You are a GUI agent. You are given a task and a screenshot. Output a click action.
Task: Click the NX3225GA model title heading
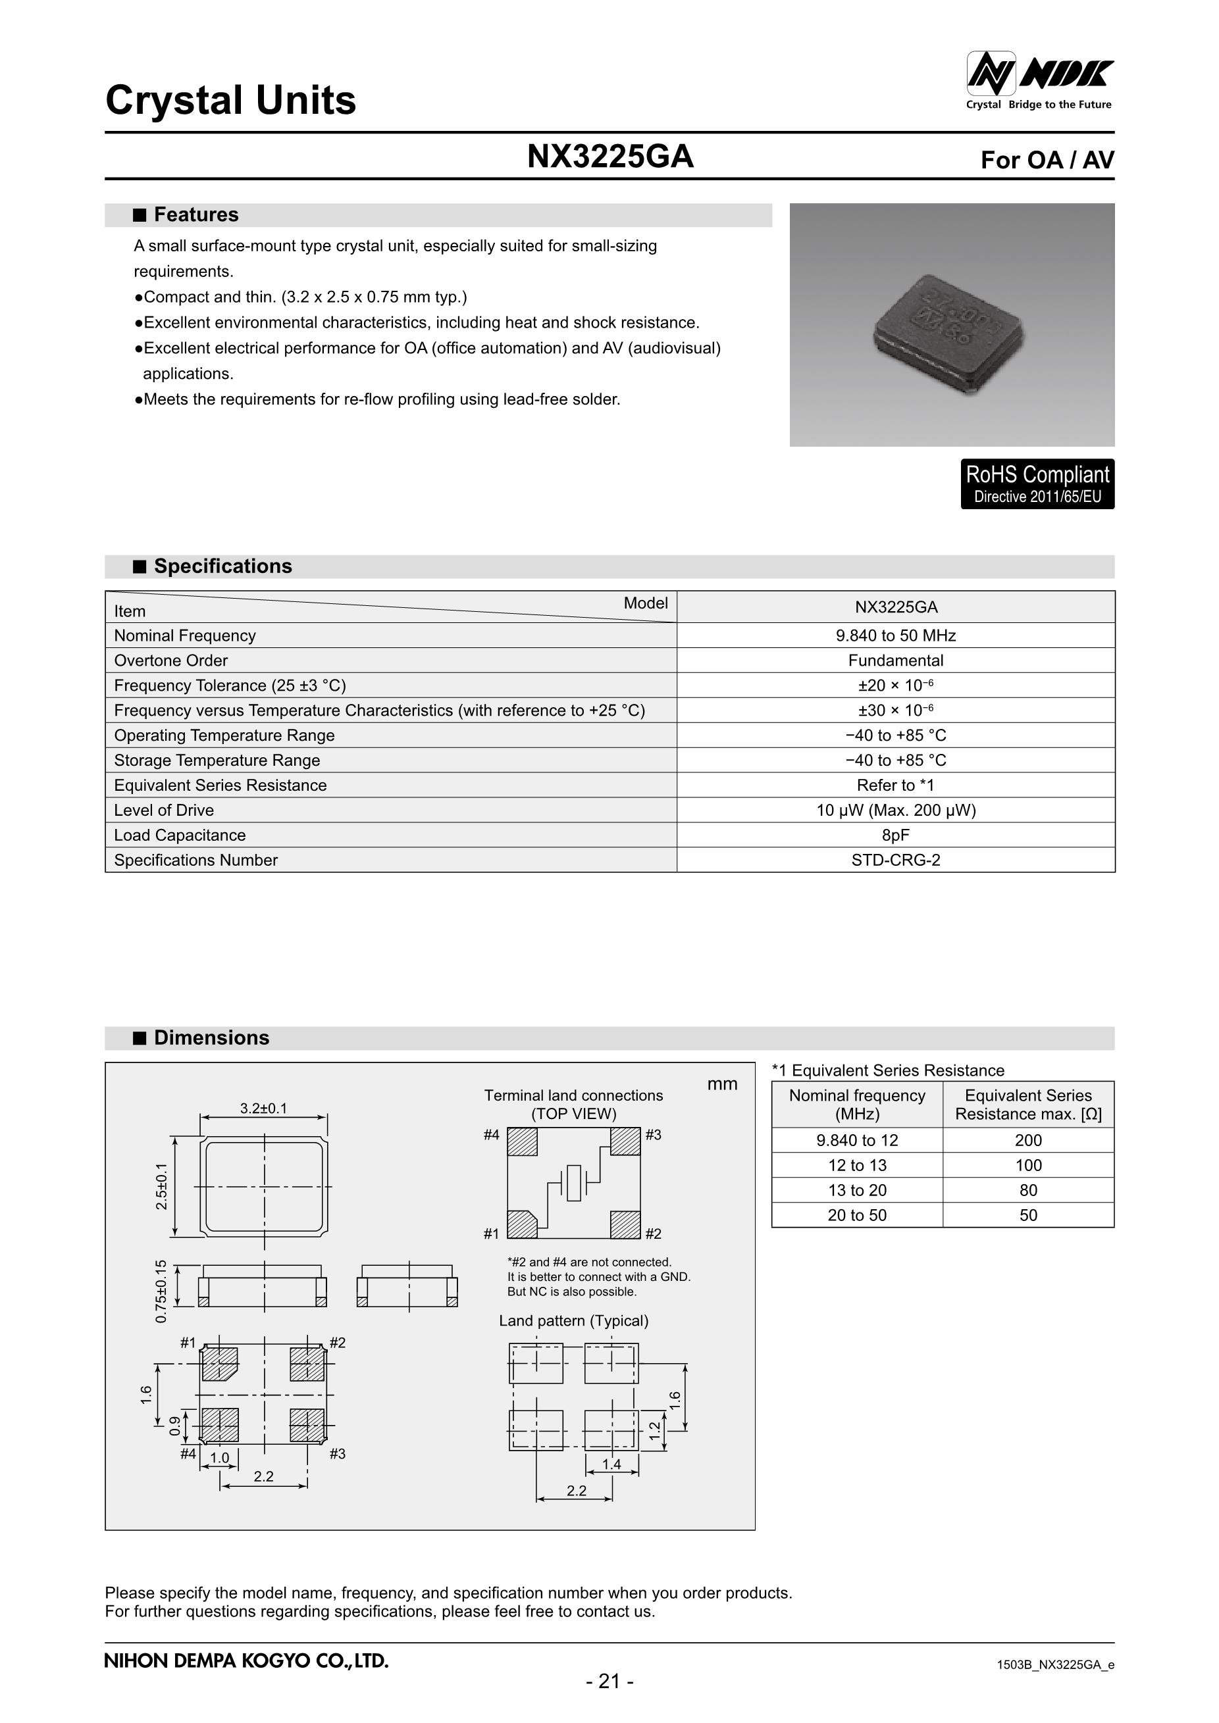click(610, 157)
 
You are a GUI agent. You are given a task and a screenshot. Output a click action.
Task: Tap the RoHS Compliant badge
click(1037, 484)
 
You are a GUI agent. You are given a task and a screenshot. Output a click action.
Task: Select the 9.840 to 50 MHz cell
click(895, 636)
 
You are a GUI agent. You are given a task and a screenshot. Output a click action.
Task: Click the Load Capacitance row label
click(180, 836)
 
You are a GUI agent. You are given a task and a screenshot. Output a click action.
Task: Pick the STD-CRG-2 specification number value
click(895, 860)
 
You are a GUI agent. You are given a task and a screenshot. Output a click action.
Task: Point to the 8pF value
click(895, 836)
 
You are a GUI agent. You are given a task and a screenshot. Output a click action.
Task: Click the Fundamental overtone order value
click(895, 661)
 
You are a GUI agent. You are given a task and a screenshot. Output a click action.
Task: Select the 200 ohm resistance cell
click(1027, 1140)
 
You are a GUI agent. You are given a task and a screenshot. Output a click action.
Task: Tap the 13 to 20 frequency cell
click(856, 1190)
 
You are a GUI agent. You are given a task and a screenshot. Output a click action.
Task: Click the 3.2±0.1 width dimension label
click(263, 1109)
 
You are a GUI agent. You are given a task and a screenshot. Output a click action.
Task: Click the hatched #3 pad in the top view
click(625, 1141)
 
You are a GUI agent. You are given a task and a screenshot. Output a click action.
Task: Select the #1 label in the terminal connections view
click(492, 1234)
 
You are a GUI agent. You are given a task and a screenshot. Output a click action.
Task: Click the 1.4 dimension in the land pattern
click(611, 1464)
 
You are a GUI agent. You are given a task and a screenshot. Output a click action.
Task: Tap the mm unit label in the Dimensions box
click(722, 1084)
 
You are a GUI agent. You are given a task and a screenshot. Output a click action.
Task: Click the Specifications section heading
click(222, 566)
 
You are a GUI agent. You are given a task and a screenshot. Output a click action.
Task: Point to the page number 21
click(609, 1682)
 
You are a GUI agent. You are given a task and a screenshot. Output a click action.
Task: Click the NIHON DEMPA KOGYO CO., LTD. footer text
click(246, 1661)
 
